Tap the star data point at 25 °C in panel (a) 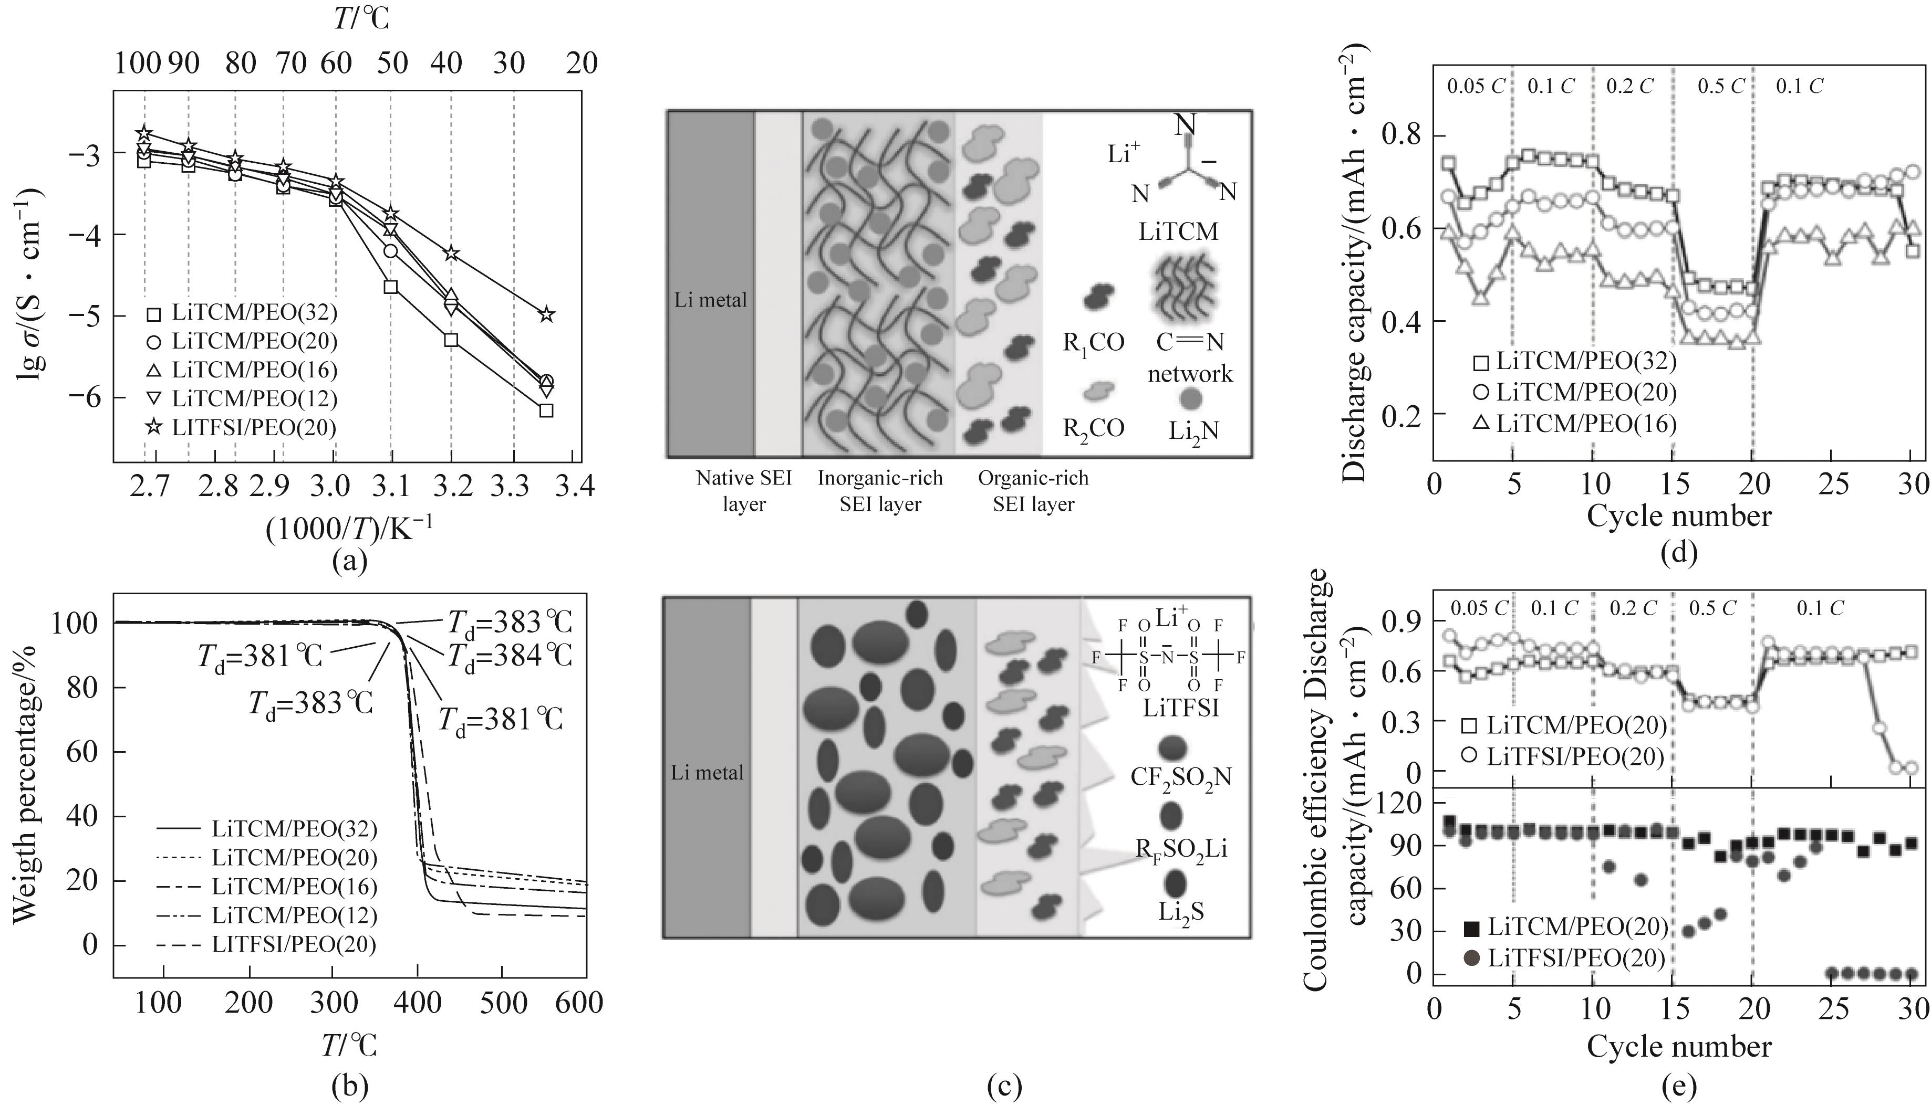pos(546,314)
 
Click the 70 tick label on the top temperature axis pos(291,63)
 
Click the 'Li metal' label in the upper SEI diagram pos(711,300)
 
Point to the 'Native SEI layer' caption pos(743,491)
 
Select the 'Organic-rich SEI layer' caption pos(1033,491)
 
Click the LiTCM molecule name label pos(1178,231)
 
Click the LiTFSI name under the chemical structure pos(1181,708)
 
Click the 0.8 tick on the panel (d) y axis pos(1401,136)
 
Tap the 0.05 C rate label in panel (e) pos(1478,608)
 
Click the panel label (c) pos(1003,1088)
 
